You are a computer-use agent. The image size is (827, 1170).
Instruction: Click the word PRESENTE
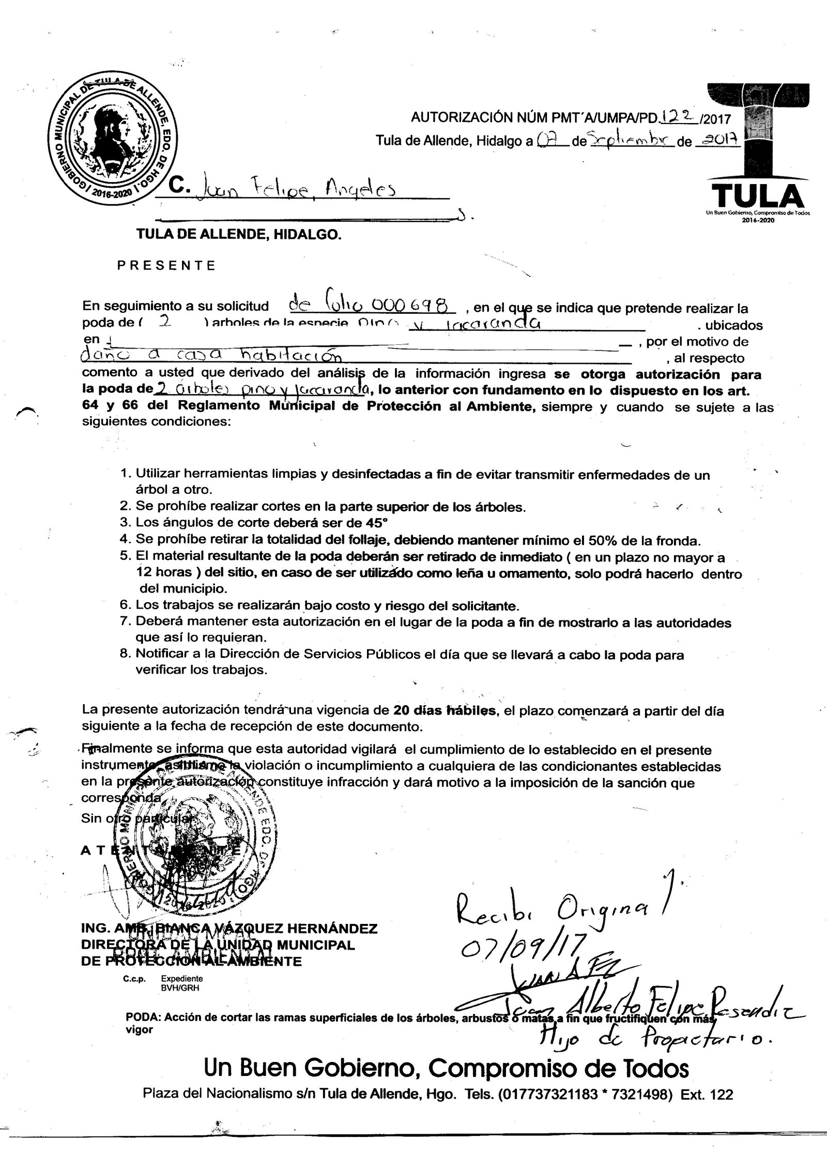click(x=166, y=266)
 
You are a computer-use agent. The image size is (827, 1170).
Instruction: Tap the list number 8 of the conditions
click(x=125, y=655)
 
